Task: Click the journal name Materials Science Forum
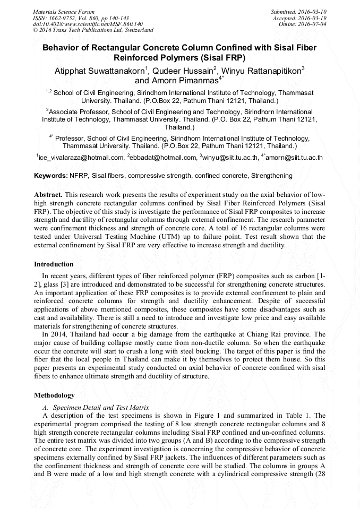coord(64,11)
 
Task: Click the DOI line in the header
coord(88,24)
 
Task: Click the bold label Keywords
coord(50,175)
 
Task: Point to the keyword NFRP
coord(79,175)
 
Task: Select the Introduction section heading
coord(54,264)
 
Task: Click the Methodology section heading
coord(54,395)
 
